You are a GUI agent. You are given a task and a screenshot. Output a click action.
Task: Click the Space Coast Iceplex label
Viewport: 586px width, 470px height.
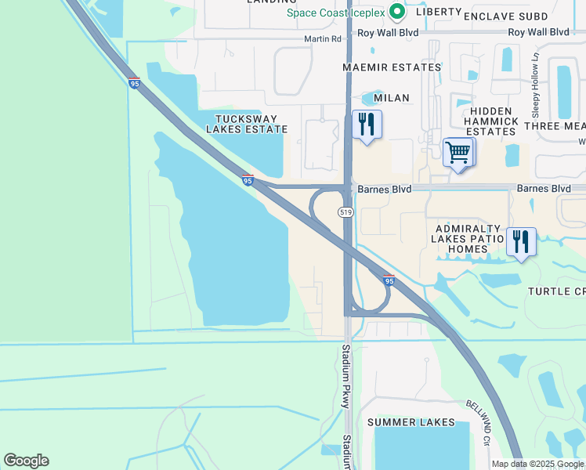tap(336, 13)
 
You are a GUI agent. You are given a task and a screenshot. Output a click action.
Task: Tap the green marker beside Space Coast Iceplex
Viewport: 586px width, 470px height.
tap(397, 12)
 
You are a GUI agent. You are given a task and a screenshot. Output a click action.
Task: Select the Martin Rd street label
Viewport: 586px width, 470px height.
tap(324, 38)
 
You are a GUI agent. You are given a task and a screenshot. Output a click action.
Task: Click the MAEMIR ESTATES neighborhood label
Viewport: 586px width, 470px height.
tap(392, 67)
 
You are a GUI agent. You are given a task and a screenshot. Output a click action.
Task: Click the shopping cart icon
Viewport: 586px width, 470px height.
tap(458, 153)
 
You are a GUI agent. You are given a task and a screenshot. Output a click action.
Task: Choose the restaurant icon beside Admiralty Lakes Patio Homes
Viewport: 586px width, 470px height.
tap(521, 241)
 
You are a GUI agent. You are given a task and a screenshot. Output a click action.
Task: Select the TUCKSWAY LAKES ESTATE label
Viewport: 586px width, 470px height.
tap(244, 123)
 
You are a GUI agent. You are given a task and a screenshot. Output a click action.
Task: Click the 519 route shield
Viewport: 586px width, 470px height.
tap(345, 212)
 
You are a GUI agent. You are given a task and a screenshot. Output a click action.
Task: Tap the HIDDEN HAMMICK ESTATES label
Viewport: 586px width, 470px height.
tap(490, 121)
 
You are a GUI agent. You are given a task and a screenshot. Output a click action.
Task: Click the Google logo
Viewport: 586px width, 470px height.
tap(26, 461)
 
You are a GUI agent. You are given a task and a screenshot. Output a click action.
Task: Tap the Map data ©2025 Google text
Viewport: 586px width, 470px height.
tap(537, 464)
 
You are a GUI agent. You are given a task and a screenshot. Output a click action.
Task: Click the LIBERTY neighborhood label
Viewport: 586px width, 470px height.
tap(439, 13)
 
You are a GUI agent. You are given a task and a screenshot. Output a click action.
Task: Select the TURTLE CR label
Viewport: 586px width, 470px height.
tap(555, 291)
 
